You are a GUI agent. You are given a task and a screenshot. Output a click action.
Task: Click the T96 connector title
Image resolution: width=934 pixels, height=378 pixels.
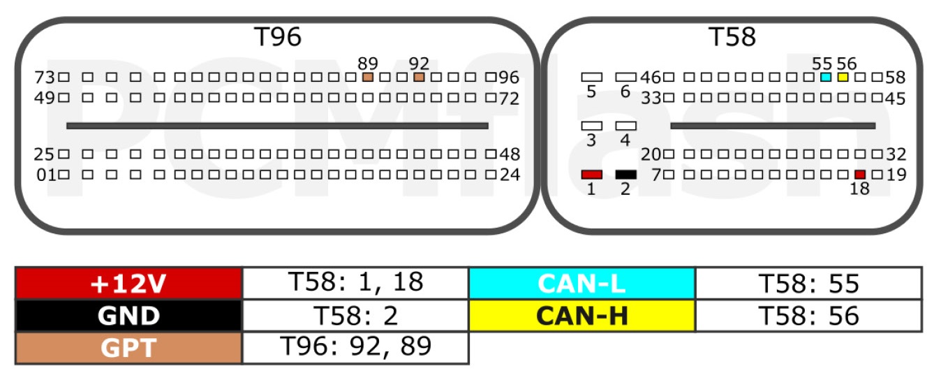coord(278,37)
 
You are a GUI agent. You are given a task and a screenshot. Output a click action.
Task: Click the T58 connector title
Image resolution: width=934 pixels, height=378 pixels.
coord(732,37)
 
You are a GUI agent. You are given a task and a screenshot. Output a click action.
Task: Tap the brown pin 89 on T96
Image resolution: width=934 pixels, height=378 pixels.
coord(368,77)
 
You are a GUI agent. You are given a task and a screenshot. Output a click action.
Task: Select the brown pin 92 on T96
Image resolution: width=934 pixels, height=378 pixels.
coord(419,77)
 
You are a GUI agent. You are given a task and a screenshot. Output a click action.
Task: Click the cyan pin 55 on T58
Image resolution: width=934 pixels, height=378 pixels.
coord(826,77)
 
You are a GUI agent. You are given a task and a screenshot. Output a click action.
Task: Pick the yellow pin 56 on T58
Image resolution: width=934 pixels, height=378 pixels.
coord(843,77)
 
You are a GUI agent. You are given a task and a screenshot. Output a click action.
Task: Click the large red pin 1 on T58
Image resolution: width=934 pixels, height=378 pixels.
coord(592,175)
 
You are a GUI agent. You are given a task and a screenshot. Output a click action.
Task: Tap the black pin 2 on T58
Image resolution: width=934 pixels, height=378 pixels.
coord(626,175)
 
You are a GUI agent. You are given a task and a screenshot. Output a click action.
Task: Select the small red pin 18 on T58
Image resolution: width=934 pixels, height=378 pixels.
coord(860,175)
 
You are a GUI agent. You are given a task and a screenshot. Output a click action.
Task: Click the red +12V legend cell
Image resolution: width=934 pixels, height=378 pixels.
coord(129,284)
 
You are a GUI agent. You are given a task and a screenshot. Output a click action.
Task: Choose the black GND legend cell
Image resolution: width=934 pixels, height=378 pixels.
coord(129,316)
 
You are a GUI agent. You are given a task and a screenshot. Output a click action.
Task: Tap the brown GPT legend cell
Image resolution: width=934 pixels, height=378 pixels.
coord(129,348)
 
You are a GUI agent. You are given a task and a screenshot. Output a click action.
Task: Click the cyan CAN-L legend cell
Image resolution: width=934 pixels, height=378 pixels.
coord(582,284)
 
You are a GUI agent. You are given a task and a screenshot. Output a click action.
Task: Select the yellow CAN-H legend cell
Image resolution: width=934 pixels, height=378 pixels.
coord(582,316)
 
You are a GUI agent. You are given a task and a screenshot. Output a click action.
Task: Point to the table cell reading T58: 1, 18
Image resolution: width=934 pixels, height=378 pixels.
coord(356,284)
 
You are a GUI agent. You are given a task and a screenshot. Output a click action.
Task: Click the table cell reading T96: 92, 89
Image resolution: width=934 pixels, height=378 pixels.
coord(356,348)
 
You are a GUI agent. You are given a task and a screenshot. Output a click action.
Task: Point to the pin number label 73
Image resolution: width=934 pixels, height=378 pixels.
coord(45,78)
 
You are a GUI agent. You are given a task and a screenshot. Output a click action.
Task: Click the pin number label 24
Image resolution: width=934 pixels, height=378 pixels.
coord(510,175)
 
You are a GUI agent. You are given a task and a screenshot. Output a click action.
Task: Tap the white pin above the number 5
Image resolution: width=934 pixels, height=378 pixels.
coord(592,77)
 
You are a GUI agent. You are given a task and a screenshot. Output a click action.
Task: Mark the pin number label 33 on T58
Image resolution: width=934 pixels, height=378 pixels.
coord(651,99)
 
